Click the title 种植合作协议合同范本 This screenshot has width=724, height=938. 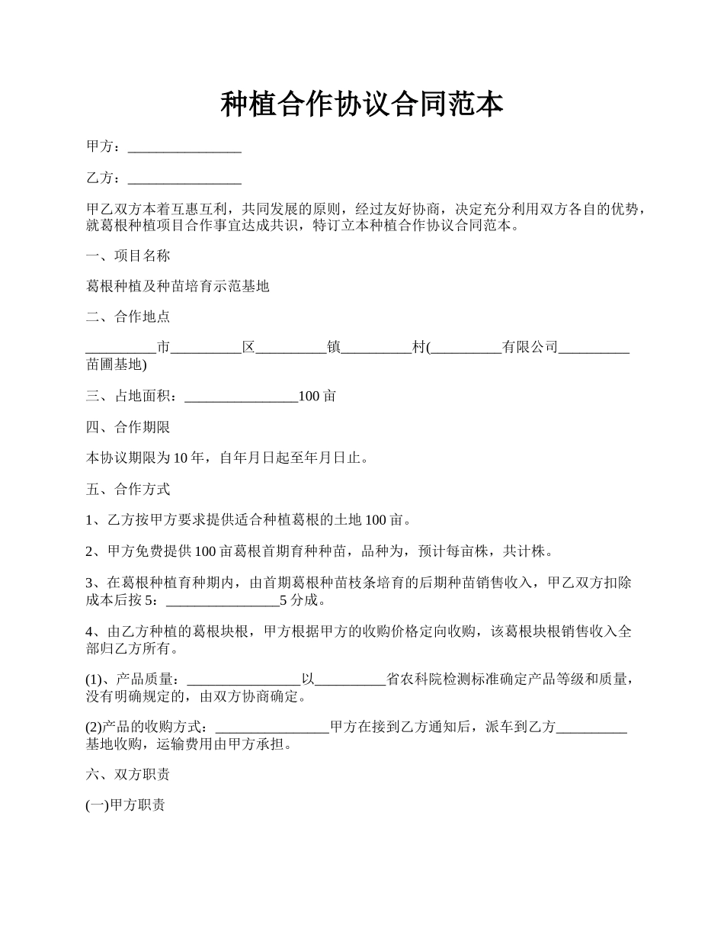point(362,104)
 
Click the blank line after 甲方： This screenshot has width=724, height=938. point(184,147)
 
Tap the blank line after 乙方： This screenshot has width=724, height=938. point(184,178)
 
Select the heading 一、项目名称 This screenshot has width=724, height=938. point(128,256)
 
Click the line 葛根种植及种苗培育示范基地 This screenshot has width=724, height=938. point(178,288)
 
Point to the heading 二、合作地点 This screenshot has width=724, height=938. point(128,318)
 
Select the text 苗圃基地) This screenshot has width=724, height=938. point(117,365)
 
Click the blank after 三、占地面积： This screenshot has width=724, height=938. point(242,397)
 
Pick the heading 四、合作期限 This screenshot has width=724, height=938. point(128,427)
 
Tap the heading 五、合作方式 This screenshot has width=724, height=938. point(128,490)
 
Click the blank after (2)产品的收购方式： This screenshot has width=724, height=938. point(273,728)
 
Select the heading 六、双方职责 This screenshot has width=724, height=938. point(128,775)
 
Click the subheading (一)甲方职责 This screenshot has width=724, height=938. point(125,806)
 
